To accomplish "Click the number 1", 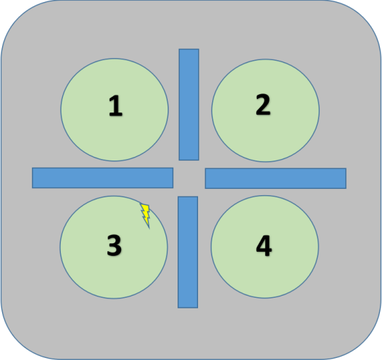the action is pos(115,105).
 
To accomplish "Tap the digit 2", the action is pos(263,104).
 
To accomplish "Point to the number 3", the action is pos(114,245).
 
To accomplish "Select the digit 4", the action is pos(264,245).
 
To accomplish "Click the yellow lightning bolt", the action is pos(146,215).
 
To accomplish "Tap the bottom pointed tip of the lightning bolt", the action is pos(149,228).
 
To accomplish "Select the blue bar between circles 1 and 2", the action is pos(189,105).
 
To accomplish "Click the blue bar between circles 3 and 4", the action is pos(188,252).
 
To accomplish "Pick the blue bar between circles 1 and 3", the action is pos(103,178).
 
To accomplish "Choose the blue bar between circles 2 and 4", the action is pos(276,178).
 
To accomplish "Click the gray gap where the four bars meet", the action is pos(189,178).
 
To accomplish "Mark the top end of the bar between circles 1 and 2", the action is pos(189,50).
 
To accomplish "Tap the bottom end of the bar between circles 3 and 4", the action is pos(188,308).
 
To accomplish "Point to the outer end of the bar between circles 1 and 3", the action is pos(33,178).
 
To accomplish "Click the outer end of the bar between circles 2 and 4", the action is pos(346,178).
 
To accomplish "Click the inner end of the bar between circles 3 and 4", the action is pos(188,197).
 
